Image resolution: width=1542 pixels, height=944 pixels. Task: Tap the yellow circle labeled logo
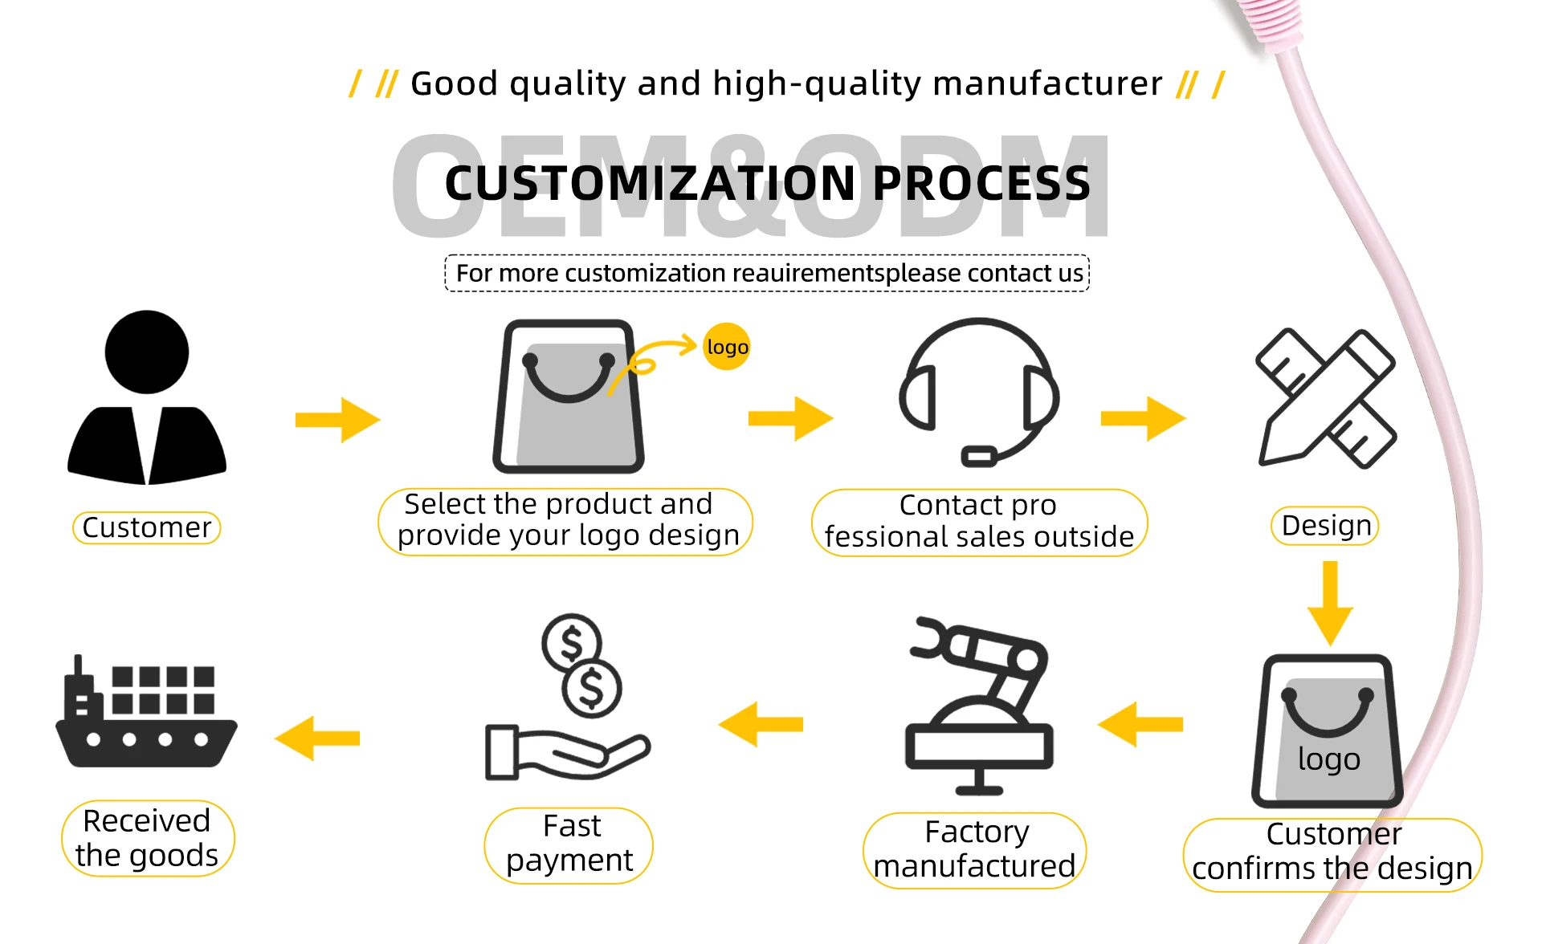[x=726, y=347]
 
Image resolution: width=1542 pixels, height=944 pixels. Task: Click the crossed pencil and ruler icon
[x=1326, y=397]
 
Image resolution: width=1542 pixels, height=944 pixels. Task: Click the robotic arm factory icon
[x=979, y=706]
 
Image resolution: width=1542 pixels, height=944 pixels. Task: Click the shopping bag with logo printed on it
[x=1327, y=730]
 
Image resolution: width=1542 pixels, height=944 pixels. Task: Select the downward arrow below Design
[x=1330, y=603]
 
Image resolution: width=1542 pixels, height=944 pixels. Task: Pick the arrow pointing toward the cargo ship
[x=317, y=738]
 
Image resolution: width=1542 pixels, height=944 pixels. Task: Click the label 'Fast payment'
[x=569, y=844]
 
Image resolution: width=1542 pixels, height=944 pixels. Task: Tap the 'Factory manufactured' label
[x=974, y=849]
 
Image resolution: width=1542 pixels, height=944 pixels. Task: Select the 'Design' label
[x=1326, y=526]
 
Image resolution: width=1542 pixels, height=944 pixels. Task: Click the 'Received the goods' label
[x=148, y=838]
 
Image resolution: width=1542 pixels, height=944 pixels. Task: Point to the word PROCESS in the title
[x=981, y=183]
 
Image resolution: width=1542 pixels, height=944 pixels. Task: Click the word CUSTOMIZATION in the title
[x=651, y=183]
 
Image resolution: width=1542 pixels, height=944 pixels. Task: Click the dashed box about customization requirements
[x=767, y=273]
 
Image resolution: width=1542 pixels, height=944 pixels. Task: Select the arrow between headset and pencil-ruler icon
[x=1143, y=418]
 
